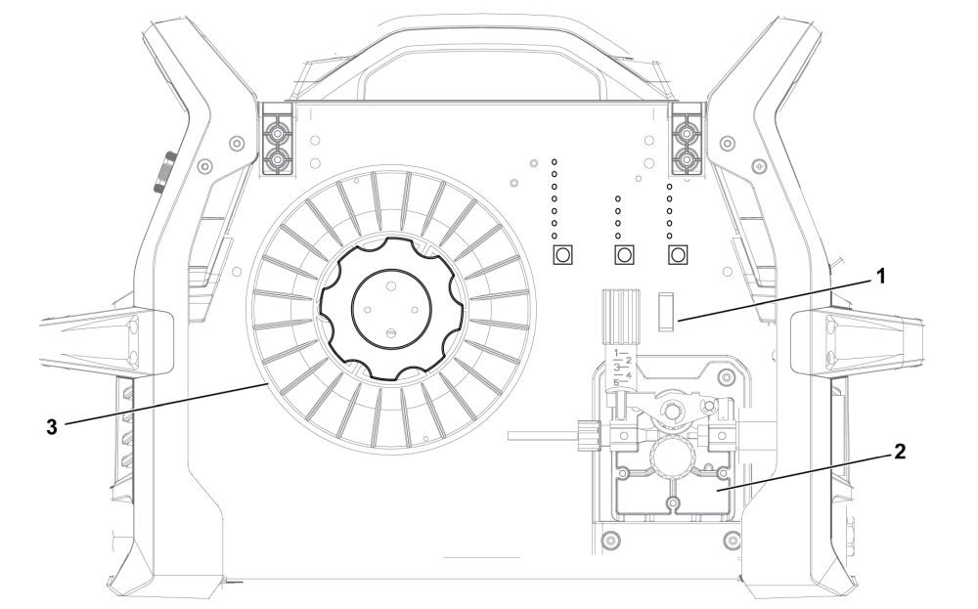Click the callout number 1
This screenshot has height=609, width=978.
click(x=879, y=277)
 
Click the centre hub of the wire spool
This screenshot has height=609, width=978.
click(x=390, y=306)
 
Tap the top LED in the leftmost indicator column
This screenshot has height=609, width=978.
click(x=554, y=158)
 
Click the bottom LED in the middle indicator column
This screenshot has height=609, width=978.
click(x=617, y=236)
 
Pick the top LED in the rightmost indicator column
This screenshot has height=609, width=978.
click(x=669, y=184)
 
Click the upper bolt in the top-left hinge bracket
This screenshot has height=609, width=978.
click(x=279, y=130)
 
